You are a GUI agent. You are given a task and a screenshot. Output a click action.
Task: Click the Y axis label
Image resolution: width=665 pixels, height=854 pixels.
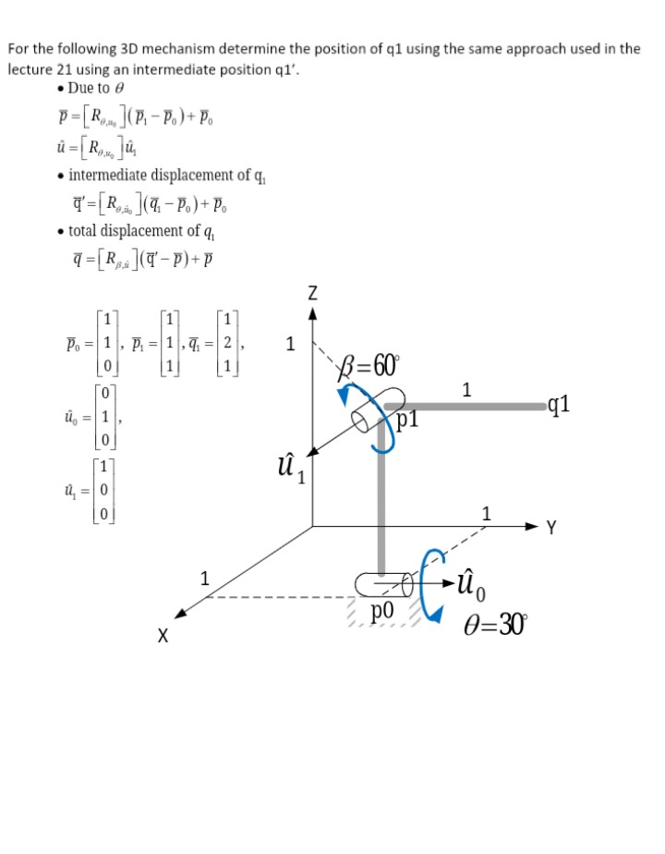pyautogui.click(x=551, y=529)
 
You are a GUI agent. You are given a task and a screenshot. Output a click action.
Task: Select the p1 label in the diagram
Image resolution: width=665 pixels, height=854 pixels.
pyautogui.click(x=409, y=421)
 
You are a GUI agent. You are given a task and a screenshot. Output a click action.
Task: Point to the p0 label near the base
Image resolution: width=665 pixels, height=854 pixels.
pyautogui.click(x=382, y=611)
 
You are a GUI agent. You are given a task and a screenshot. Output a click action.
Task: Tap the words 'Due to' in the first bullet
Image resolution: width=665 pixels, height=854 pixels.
pyautogui.click(x=90, y=89)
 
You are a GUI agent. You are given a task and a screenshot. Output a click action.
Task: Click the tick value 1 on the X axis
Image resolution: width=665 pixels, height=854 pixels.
pyautogui.click(x=205, y=579)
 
